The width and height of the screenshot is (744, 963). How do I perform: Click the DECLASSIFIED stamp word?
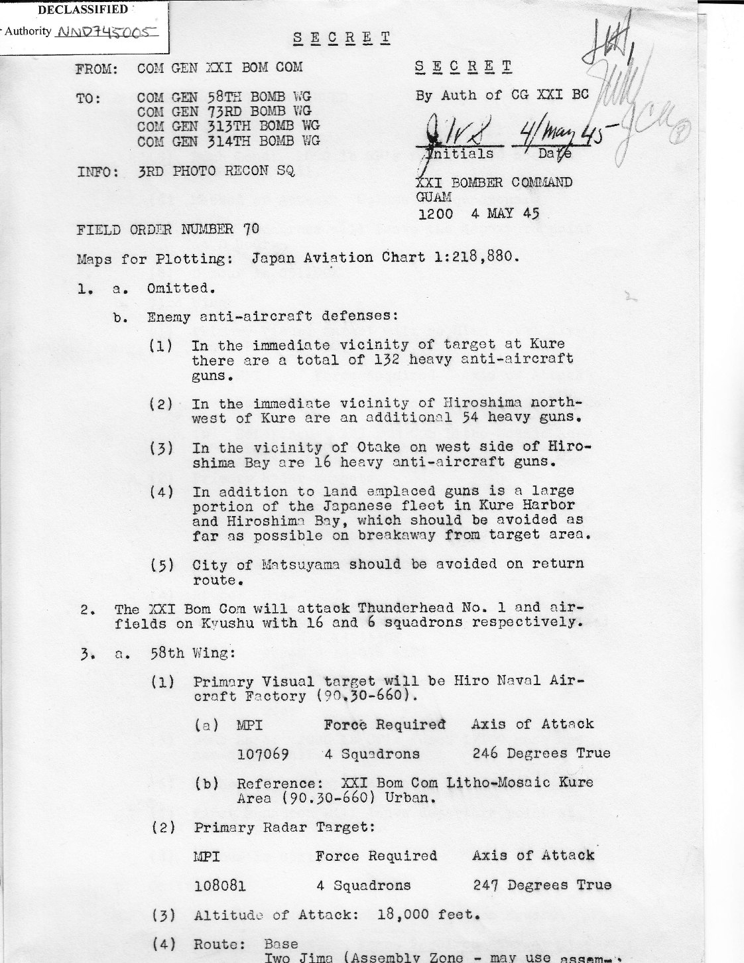coord(83,10)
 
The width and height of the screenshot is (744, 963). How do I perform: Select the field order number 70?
coord(251,229)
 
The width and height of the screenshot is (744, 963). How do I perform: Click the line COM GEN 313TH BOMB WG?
coord(228,126)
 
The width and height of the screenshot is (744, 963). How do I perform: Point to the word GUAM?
coord(434,197)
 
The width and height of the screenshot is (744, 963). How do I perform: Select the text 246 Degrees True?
coord(541,753)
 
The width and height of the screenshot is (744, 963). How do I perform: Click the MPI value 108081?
coord(220,885)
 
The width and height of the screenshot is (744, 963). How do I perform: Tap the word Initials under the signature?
coord(459,154)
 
